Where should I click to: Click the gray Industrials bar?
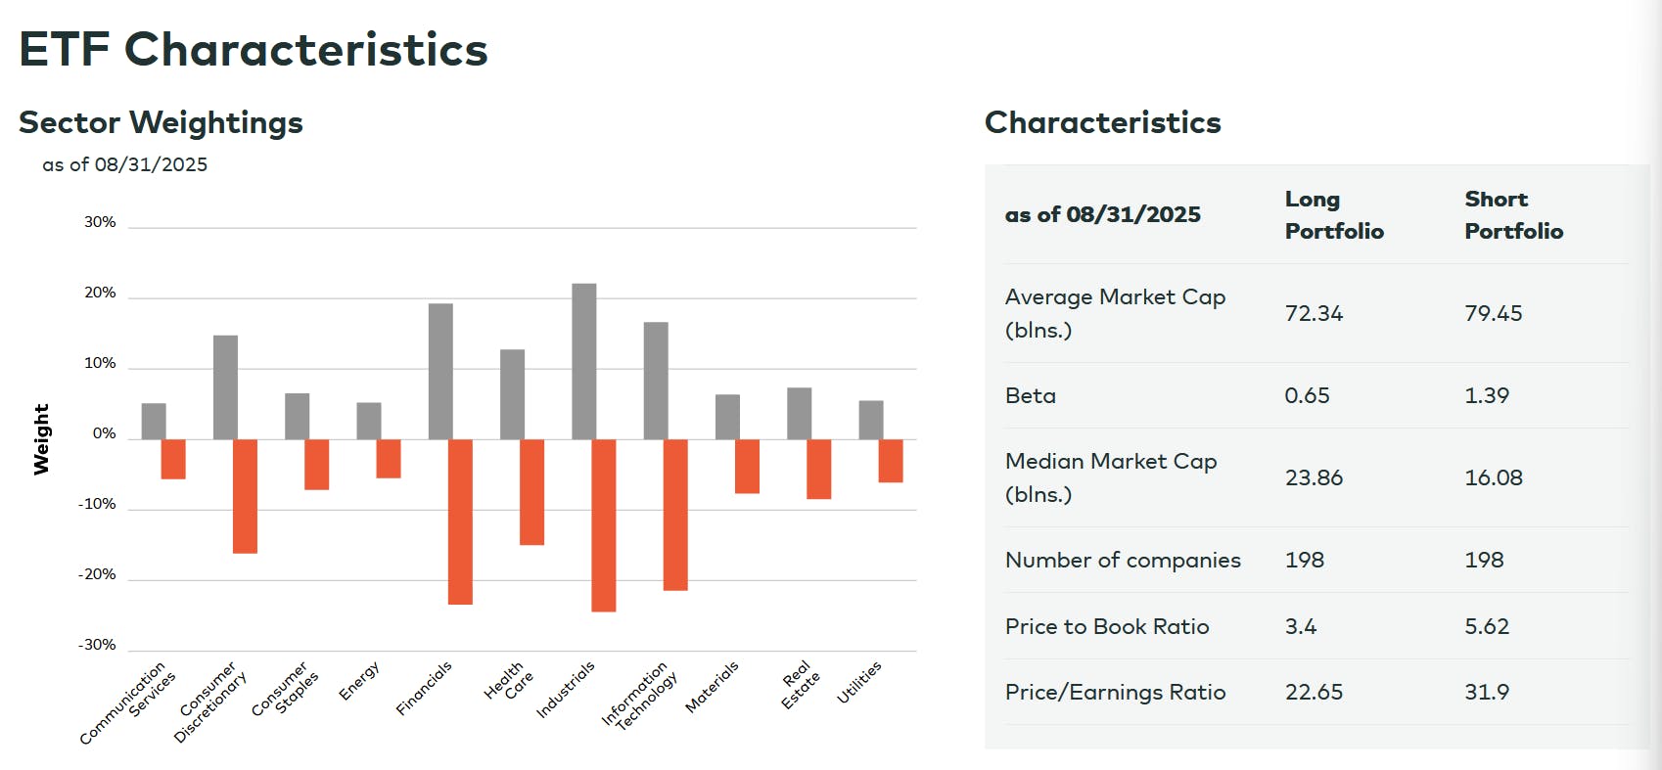(x=583, y=361)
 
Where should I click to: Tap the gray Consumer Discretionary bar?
(x=225, y=387)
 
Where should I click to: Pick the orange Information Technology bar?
(x=675, y=515)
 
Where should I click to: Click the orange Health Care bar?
(x=531, y=492)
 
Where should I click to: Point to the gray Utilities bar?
(x=871, y=420)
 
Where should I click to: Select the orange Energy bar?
(x=389, y=459)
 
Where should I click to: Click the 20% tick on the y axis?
(x=100, y=293)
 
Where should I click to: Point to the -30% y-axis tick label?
(x=97, y=645)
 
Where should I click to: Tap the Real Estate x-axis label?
(x=801, y=685)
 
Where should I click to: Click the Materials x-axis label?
(x=712, y=687)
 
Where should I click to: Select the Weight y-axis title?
(x=41, y=439)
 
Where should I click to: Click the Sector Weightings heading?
(x=161, y=122)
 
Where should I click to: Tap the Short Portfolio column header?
(x=1513, y=215)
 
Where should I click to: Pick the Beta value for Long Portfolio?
(x=1307, y=395)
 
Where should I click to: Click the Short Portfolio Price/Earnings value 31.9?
(x=1487, y=692)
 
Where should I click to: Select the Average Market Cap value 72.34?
(x=1314, y=313)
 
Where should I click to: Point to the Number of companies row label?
(x=1123, y=560)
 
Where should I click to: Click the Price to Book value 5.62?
(x=1487, y=626)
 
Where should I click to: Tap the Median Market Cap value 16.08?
(x=1494, y=477)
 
